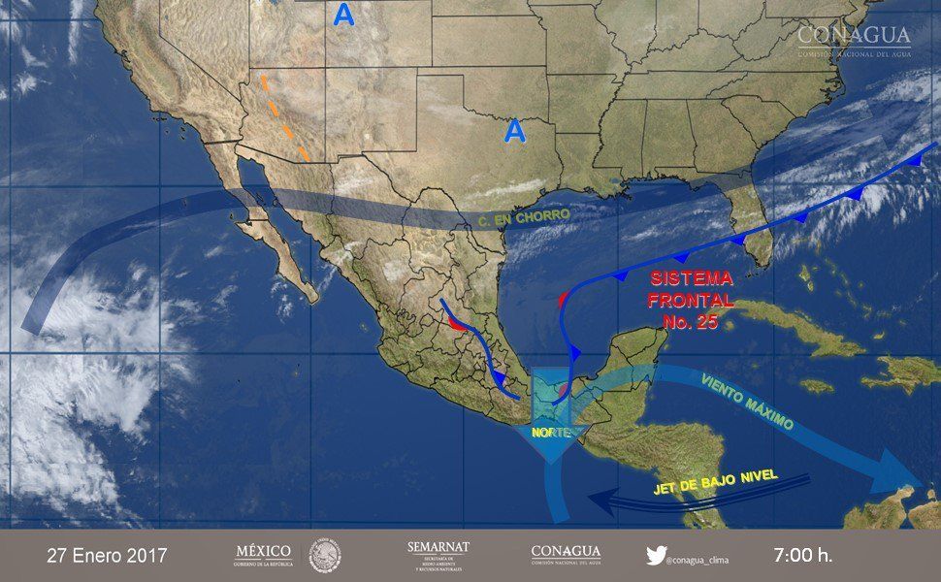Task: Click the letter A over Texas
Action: (514, 130)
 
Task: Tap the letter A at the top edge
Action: (343, 14)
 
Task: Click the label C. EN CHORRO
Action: (524, 217)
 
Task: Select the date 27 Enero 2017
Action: (107, 556)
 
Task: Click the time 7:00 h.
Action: (802, 556)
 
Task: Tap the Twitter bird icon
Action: (656, 555)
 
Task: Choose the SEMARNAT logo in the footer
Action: (438, 555)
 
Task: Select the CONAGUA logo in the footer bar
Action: (566, 555)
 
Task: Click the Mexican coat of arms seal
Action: (325, 556)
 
